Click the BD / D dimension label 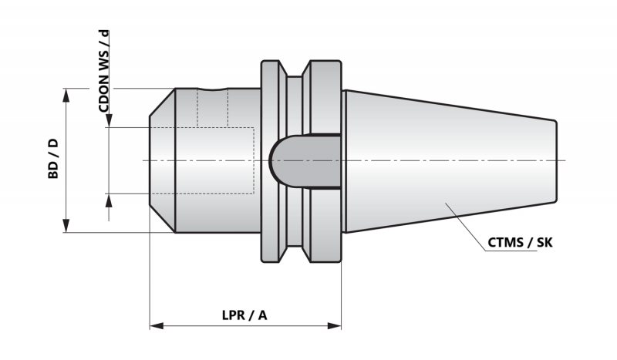(53, 158)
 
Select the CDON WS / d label (104, 71)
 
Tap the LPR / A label (244, 315)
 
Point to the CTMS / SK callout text (520, 242)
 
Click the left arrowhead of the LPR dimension (157, 326)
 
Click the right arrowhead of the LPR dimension (335, 326)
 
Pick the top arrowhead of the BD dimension (66, 96)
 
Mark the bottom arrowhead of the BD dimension (66, 225)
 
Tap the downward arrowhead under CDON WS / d (109, 120)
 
